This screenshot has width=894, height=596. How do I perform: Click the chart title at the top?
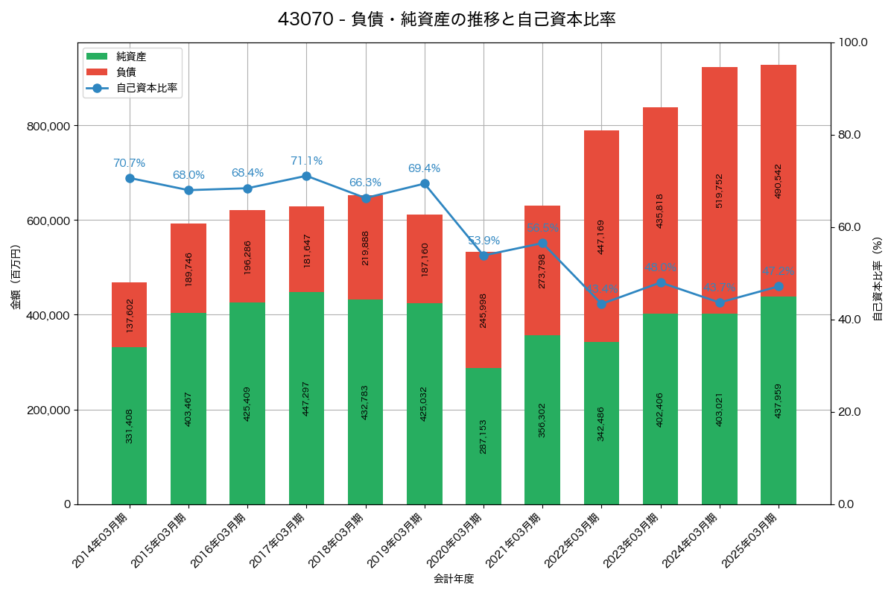446,19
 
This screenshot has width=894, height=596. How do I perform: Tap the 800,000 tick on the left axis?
49,126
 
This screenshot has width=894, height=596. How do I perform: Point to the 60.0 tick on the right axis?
851,227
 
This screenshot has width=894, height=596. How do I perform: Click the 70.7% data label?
129,163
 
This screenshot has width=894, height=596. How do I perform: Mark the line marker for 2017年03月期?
306,176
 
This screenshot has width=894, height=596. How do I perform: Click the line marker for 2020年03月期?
484,256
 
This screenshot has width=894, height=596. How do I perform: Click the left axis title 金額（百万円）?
16,277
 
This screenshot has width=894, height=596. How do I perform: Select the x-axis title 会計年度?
454,578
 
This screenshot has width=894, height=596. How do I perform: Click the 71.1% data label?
306,161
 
